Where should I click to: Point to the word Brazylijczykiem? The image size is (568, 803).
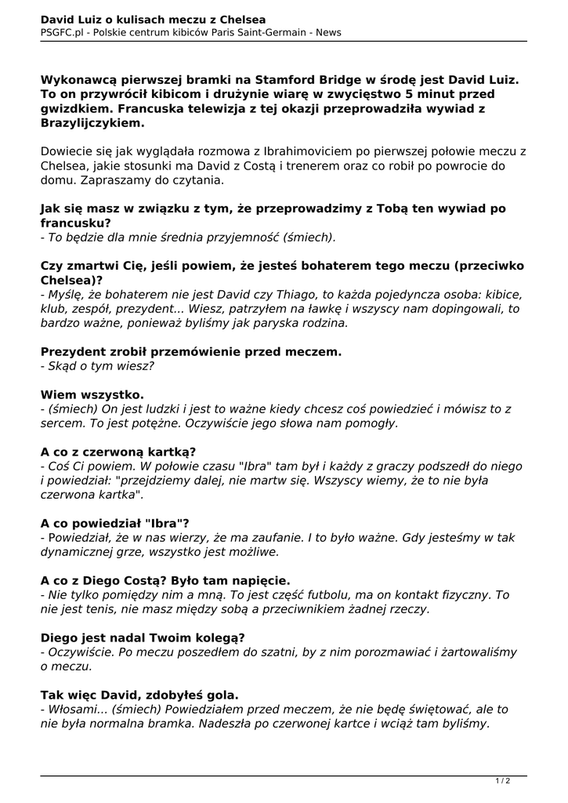92,124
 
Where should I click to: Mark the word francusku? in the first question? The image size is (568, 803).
75,223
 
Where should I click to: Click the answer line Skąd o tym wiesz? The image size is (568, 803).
100,365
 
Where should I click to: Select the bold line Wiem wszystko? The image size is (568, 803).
92,394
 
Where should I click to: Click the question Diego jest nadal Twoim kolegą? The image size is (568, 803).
143,638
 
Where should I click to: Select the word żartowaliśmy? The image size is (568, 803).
479,652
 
